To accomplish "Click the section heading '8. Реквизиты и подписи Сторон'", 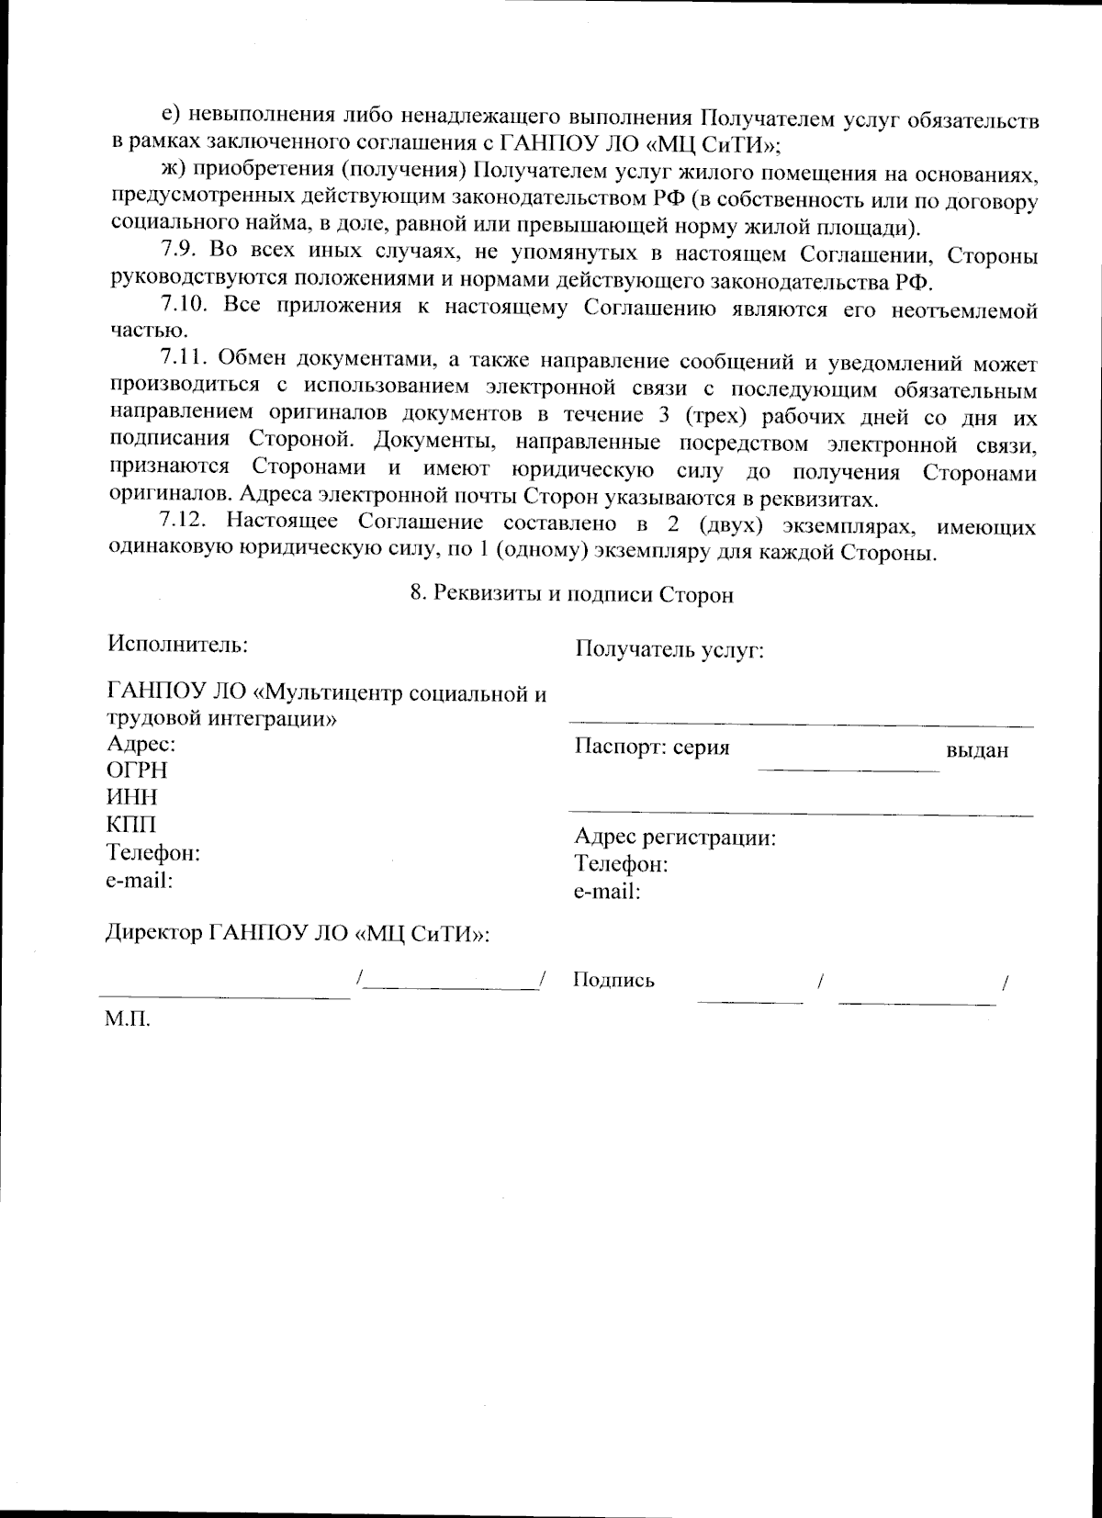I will [x=571, y=594].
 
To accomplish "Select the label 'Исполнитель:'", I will [x=177, y=643].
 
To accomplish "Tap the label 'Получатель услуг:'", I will [x=669, y=650].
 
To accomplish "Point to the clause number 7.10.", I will [x=186, y=305].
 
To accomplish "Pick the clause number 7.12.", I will [x=186, y=523].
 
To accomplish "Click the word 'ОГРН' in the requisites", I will [x=138, y=770].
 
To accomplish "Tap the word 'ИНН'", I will [x=132, y=797].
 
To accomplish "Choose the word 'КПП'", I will [x=132, y=825].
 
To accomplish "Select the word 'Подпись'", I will [x=613, y=980].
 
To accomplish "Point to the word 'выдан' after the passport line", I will [x=976, y=750].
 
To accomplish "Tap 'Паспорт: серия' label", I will [x=651, y=747].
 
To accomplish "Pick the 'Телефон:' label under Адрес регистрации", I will [x=621, y=864].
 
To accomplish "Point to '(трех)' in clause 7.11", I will [x=729, y=415].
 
